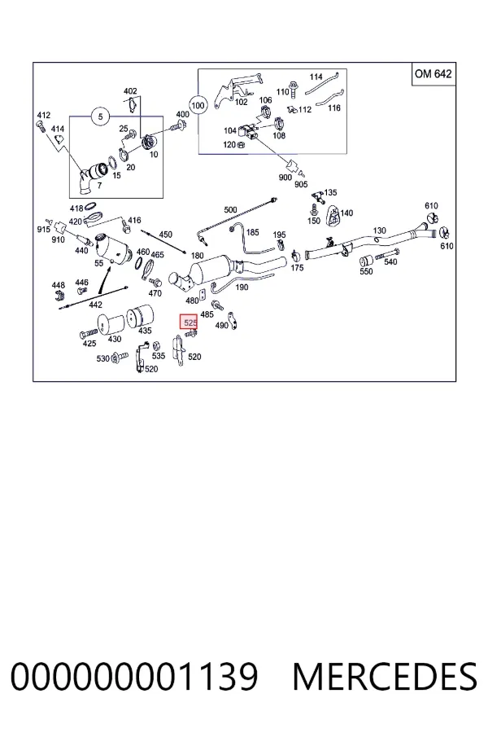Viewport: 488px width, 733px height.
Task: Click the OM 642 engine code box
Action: click(433, 74)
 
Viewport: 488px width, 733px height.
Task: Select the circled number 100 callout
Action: click(198, 105)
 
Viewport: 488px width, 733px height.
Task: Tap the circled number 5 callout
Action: click(100, 116)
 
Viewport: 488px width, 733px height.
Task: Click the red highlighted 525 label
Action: click(190, 322)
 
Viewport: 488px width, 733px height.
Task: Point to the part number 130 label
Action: click(380, 230)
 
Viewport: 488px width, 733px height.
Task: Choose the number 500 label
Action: click(231, 210)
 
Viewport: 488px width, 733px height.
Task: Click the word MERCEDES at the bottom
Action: click(385, 677)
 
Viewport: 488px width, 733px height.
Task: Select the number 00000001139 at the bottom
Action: click(134, 677)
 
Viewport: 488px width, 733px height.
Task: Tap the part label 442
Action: click(95, 305)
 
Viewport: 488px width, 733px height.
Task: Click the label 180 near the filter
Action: click(198, 255)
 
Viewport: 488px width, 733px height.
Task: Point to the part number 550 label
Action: click(366, 271)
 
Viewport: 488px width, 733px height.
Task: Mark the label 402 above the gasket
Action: click(130, 91)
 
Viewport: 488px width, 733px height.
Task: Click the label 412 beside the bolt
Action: click(43, 115)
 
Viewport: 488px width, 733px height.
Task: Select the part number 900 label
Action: click(285, 178)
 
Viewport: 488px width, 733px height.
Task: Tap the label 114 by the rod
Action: click(316, 77)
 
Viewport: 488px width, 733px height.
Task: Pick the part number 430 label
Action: click(115, 339)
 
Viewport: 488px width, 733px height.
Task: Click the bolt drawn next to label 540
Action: click(386, 254)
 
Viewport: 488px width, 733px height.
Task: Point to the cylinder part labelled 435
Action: click(140, 314)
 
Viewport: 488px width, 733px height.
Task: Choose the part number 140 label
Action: click(346, 213)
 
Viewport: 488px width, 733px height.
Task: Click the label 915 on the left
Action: click(43, 230)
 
